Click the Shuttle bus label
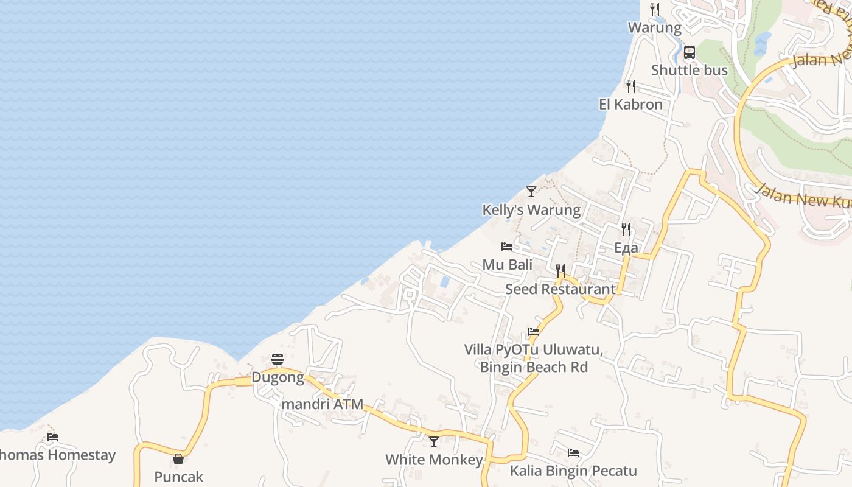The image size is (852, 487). click(689, 70)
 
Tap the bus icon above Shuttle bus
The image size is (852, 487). click(689, 52)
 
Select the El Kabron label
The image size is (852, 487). click(630, 104)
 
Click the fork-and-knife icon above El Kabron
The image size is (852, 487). click(631, 86)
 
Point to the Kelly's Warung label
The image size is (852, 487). click(531, 210)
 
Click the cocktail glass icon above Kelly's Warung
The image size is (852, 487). click(531, 192)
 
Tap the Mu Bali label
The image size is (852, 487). click(507, 265)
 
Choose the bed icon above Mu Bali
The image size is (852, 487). click(507, 247)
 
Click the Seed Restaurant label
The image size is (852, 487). click(560, 289)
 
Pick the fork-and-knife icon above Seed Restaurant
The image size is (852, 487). click(560, 271)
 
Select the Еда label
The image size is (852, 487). click(626, 248)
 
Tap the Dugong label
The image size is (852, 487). click(278, 377)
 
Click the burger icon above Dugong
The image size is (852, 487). click(278, 359)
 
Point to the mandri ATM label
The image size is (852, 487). click(323, 404)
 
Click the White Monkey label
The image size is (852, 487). click(434, 460)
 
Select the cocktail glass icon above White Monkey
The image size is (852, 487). click(434, 441)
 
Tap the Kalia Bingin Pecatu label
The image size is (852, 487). click(573, 471)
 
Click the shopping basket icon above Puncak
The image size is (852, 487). click(178, 459)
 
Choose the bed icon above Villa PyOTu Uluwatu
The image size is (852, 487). click(534, 332)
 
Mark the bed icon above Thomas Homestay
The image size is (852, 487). click(53, 436)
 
